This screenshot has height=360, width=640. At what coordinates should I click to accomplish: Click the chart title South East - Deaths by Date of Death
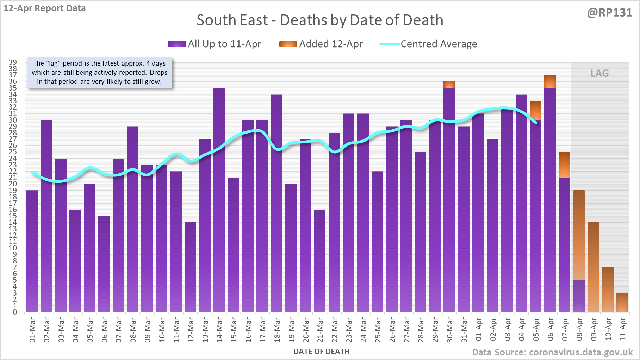(x=320, y=20)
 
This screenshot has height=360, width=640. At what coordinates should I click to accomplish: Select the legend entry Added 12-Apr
(x=321, y=44)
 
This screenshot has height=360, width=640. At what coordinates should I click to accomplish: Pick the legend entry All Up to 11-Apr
(x=215, y=44)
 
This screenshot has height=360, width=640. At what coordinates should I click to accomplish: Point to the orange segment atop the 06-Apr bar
(x=550, y=82)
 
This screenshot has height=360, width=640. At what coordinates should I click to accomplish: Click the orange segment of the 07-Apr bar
(x=564, y=165)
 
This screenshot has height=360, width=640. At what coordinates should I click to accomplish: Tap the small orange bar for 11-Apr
(x=622, y=302)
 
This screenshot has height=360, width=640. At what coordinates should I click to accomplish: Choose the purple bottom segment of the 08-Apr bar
(x=579, y=296)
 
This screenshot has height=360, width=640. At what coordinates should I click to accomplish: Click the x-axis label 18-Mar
(x=277, y=330)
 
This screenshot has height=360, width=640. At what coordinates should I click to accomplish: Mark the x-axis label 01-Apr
(x=479, y=330)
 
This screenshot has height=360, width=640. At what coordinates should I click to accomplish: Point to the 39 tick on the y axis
(x=13, y=62)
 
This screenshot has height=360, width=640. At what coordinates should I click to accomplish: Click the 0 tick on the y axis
(x=15, y=312)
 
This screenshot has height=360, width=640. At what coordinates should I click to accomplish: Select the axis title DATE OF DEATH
(x=322, y=352)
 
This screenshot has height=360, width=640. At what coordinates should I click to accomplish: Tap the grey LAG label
(x=599, y=73)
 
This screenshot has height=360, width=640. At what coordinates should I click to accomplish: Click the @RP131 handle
(x=609, y=13)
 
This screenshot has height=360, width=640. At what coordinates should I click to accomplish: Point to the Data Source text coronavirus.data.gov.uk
(x=552, y=353)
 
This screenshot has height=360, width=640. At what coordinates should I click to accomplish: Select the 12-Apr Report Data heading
(x=45, y=8)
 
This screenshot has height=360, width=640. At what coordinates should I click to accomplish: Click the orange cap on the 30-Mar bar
(x=449, y=85)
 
